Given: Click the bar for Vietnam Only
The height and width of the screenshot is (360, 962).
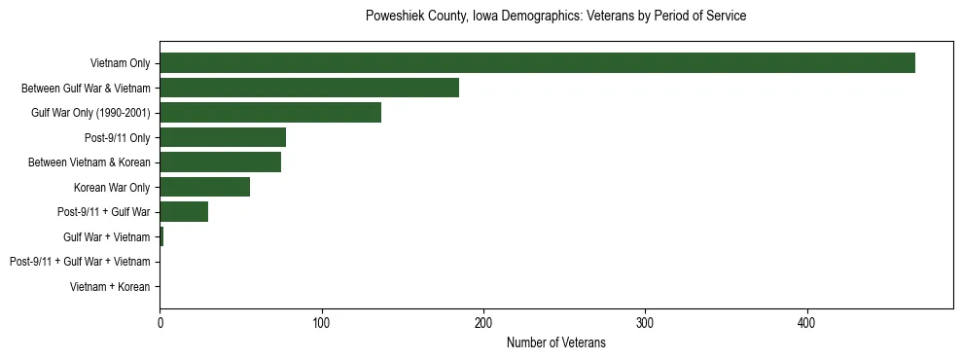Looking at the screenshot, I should click(537, 63).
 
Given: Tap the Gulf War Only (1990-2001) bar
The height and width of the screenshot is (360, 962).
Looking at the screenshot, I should click(270, 112).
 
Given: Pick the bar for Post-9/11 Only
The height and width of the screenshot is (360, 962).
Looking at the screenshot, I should click(223, 137).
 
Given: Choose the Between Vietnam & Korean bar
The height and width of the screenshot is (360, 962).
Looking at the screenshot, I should click(220, 162).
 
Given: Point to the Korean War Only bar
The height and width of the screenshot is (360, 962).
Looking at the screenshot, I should click(204, 187).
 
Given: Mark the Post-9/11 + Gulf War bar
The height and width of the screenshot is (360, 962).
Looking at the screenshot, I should click(184, 212).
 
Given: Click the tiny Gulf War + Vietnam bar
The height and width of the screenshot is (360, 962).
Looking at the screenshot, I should click(161, 236).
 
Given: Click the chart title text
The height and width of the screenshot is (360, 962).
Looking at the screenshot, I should click(555, 17).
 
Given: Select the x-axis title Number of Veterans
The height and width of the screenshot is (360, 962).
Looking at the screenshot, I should click(555, 342).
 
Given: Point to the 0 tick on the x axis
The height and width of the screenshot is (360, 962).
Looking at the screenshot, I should click(160, 322).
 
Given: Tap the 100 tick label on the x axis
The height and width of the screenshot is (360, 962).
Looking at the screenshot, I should click(321, 322).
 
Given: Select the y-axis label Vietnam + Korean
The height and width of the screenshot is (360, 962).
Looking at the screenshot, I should click(110, 287).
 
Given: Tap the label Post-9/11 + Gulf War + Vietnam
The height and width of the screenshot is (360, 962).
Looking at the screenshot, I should click(80, 262).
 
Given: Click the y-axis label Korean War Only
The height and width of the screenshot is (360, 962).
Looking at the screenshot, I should click(112, 187).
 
